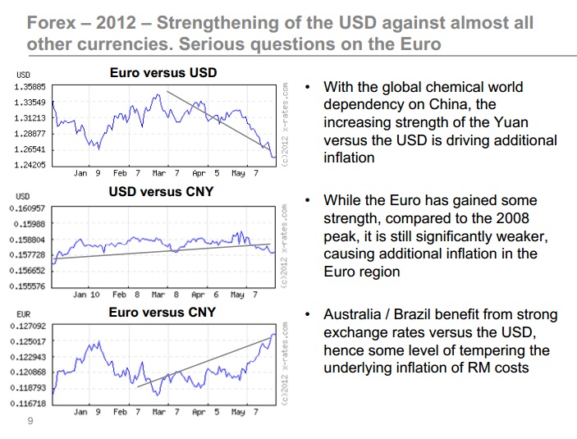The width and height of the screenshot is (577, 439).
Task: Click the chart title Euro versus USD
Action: [163, 73]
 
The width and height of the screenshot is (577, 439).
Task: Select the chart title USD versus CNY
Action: [161, 192]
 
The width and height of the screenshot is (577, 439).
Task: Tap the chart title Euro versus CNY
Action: [163, 312]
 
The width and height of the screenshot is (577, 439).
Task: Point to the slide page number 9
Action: [30, 423]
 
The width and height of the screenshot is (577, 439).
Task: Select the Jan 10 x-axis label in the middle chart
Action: [86, 294]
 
